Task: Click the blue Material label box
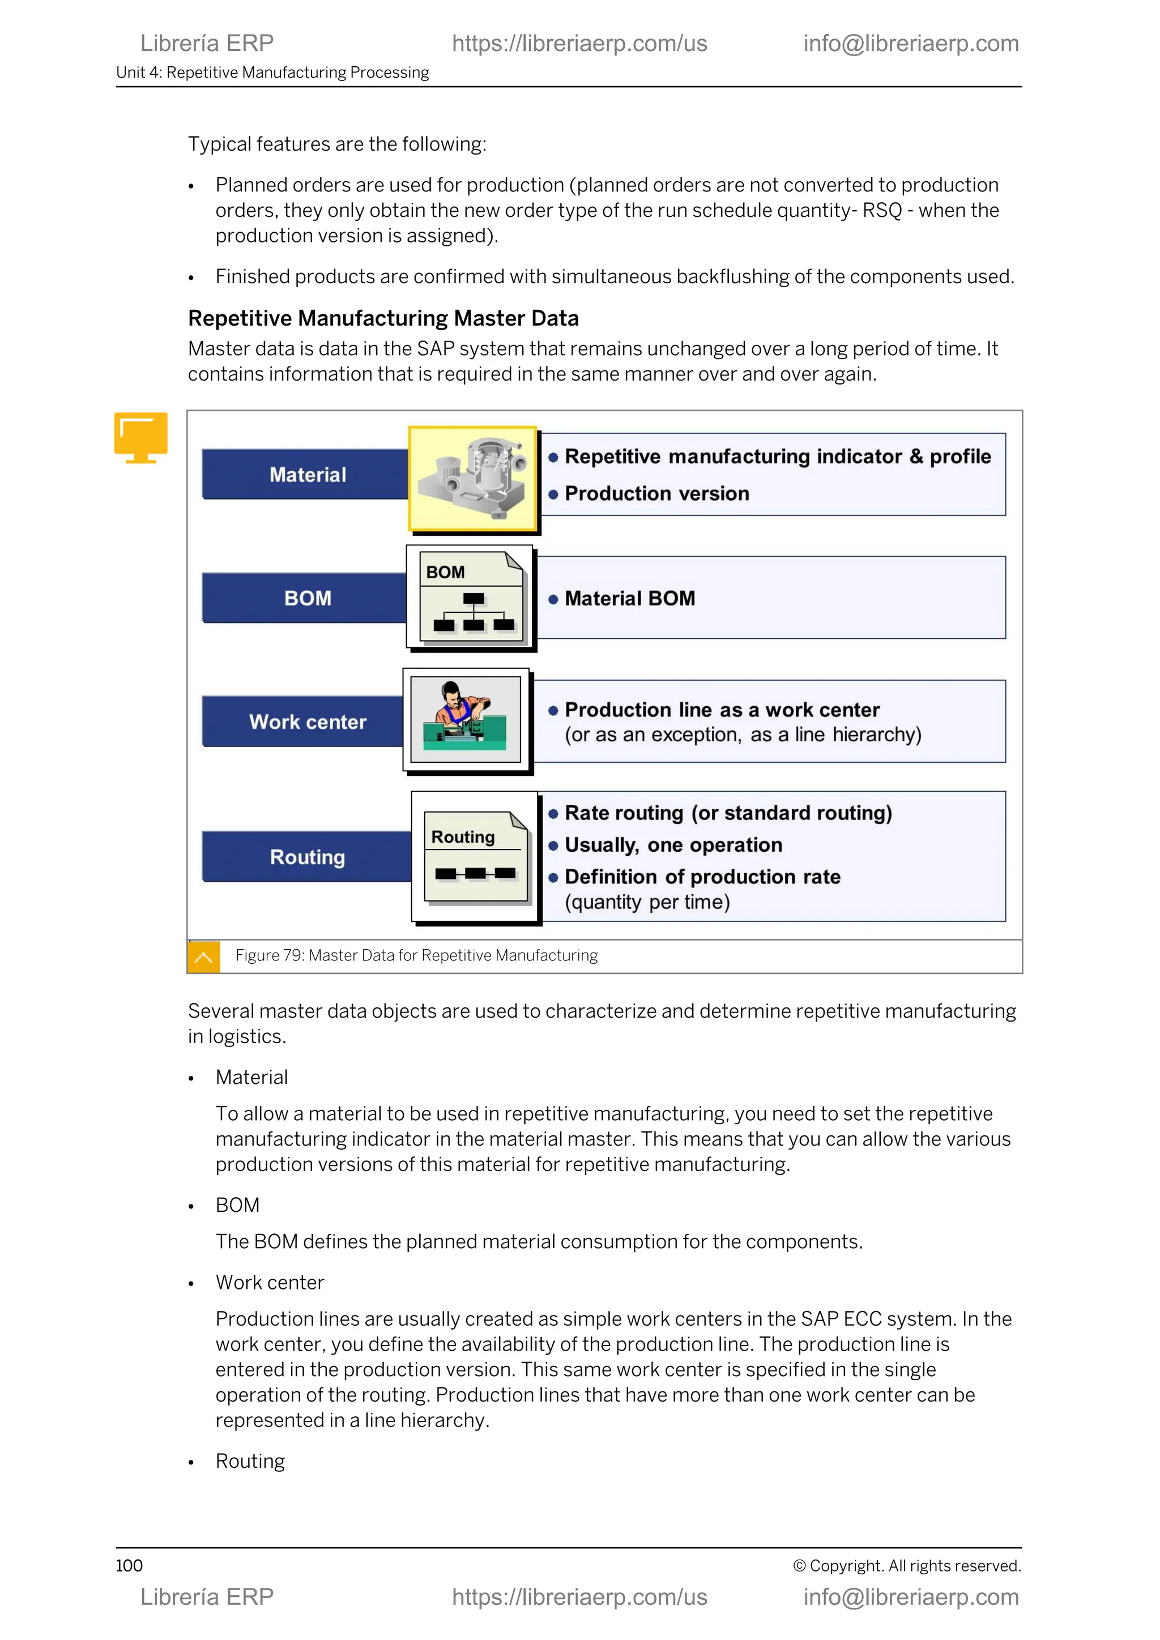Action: [x=307, y=475]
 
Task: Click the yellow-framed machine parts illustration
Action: [x=473, y=479]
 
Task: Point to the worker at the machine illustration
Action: [x=465, y=719]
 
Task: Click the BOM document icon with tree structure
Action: [x=471, y=597]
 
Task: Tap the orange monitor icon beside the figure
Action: [x=140, y=437]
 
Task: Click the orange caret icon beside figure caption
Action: [x=203, y=956]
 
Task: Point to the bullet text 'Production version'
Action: [x=656, y=494]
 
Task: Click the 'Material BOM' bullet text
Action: [x=629, y=599]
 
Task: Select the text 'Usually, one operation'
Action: [x=673, y=845]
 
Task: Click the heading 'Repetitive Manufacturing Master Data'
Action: [x=383, y=319]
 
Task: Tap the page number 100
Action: [x=129, y=1565]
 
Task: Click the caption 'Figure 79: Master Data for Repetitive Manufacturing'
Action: [x=416, y=956]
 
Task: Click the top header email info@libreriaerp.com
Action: [x=911, y=44]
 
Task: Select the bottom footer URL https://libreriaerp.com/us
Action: [x=579, y=1596]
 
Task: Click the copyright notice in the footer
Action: [x=906, y=1565]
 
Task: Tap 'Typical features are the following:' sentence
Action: [x=337, y=144]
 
